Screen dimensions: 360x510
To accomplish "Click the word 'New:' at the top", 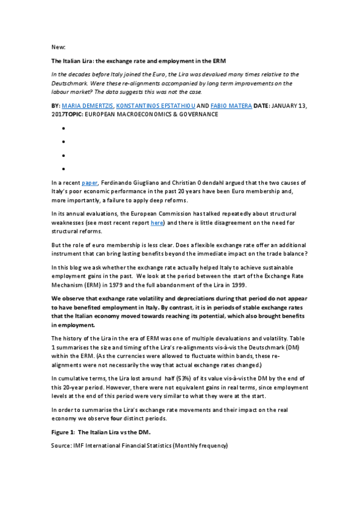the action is coord(59,46).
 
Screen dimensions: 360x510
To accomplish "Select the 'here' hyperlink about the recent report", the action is coord(157,223).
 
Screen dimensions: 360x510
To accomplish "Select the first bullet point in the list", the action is coord(63,128).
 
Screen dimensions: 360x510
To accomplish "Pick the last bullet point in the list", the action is coord(63,169).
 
